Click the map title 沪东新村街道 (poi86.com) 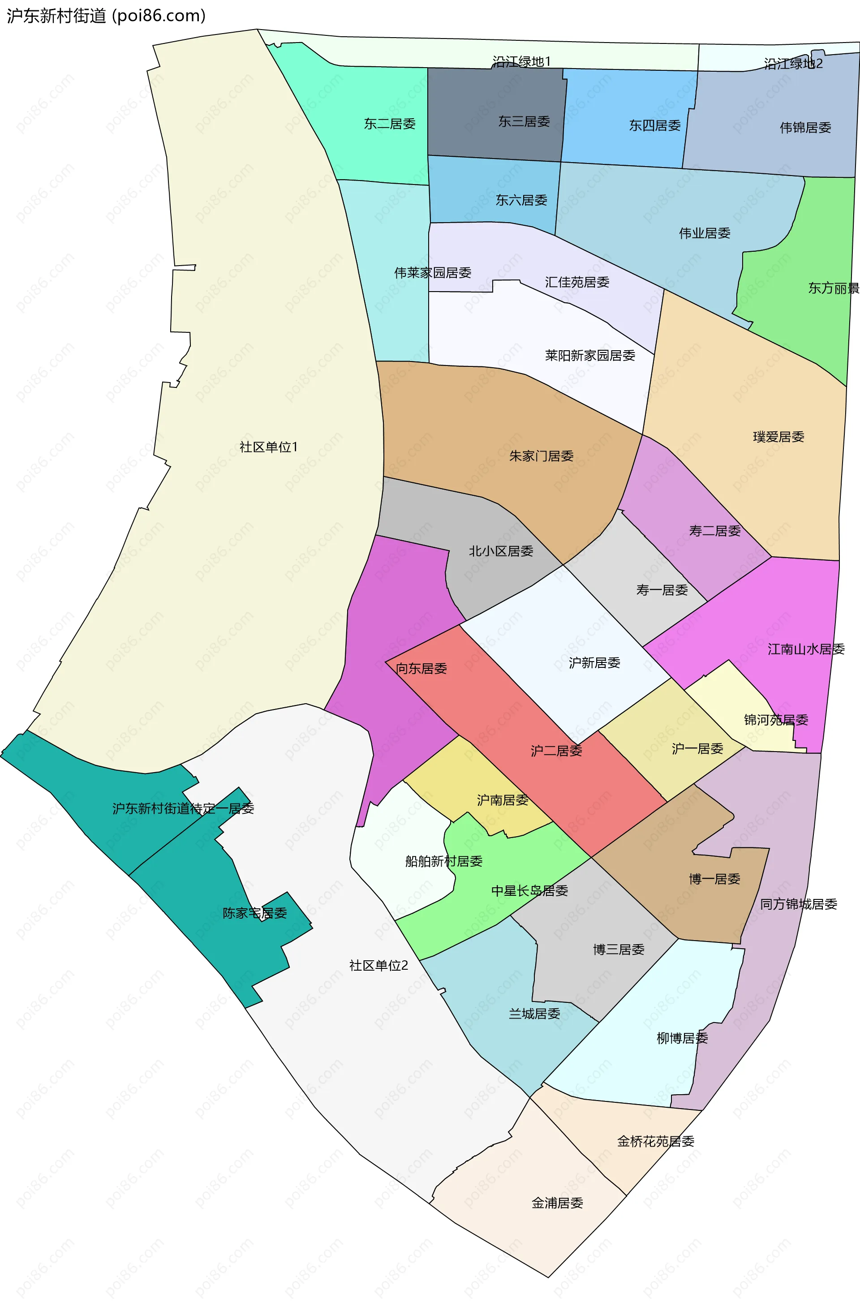click(x=106, y=15)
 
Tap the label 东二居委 click(x=389, y=124)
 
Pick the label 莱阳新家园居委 click(x=589, y=356)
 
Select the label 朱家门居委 click(x=541, y=456)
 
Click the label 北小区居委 click(x=500, y=551)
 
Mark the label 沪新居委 click(x=594, y=663)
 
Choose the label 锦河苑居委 click(x=775, y=720)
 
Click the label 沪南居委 click(x=502, y=800)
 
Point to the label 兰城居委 click(x=534, y=1014)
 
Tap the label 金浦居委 click(x=557, y=1203)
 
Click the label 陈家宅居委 click(x=254, y=913)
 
